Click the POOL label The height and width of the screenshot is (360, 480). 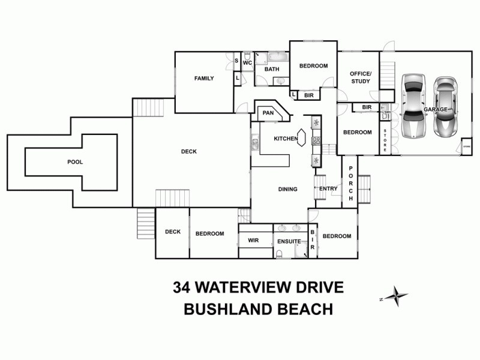(x=75, y=162)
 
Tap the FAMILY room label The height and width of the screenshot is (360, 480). (x=204, y=79)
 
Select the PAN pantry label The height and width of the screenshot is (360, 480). (x=268, y=112)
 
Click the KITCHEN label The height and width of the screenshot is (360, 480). (x=286, y=139)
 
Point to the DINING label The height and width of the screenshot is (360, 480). (x=288, y=190)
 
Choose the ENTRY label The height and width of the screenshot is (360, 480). (x=328, y=189)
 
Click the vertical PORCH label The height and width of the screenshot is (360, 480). (x=350, y=182)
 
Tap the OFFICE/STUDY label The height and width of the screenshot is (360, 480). (x=361, y=77)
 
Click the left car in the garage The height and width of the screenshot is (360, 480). (x=413, y=106)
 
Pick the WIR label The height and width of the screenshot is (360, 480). (x=253, y=241)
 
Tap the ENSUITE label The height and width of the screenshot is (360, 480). (x=289, y=241)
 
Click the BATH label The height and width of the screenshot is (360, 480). (x=272, y=69)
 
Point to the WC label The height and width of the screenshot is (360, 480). (x=247, y=62)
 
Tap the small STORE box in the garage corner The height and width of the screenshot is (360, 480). (x=467, y=146)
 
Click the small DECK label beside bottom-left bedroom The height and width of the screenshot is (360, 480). (x=173, y=232)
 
